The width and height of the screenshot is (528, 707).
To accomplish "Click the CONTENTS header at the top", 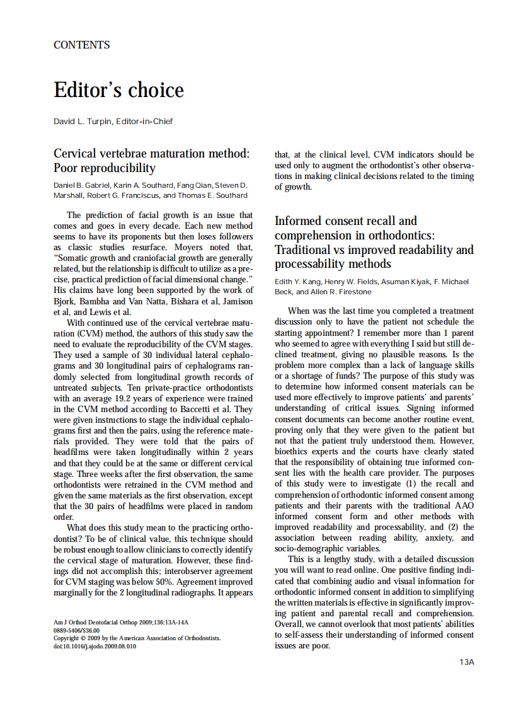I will click(82, 45).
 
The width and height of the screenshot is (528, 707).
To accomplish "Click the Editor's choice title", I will click(118, 90).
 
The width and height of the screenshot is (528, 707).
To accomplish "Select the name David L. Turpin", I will click(82, 121).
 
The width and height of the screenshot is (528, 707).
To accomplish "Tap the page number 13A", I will click(466, 662).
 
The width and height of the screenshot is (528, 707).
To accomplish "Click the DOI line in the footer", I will click(95, 646).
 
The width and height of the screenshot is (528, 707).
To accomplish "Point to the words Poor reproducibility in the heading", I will click(105, 168).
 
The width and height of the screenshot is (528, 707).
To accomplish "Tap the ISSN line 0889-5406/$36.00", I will click(76, 629).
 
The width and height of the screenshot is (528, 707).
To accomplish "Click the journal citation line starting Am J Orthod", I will click(121, 621).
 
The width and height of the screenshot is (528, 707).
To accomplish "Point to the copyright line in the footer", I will click(137, 638).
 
